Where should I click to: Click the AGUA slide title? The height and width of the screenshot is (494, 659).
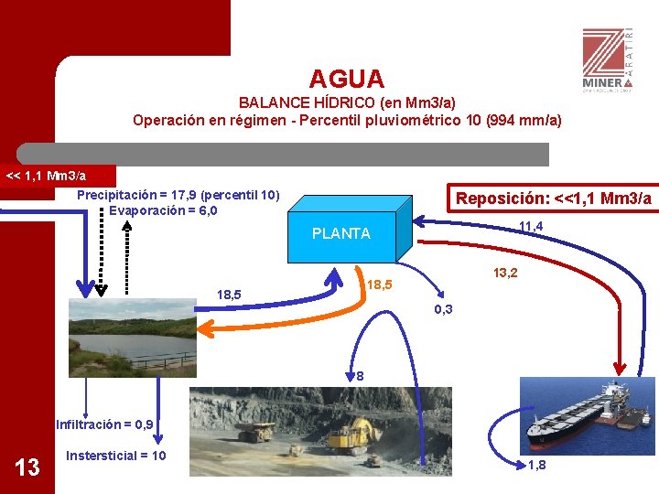pos(346,80)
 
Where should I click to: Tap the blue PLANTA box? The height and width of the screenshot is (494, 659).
pos(341,231)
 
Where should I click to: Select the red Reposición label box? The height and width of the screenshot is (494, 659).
pos(553,199)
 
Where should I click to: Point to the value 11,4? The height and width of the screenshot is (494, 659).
pos(531,227)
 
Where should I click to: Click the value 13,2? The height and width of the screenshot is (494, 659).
pos(505,273)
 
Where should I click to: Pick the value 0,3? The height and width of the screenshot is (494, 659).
pos(442,310)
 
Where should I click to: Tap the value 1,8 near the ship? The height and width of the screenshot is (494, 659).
pos(537,466)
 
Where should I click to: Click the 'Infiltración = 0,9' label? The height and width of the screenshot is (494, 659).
pos(104,424)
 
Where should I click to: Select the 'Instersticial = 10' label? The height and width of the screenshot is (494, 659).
pos(116,456)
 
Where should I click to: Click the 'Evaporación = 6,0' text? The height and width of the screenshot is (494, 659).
pos(163,210)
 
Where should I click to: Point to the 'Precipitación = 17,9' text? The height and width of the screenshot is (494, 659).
pos(178,195)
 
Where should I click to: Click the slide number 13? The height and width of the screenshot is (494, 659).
pos(28,467)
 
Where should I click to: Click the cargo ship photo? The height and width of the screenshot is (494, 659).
pos(586,416)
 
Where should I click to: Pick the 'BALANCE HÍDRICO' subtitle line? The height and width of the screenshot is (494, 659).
pos(347,102)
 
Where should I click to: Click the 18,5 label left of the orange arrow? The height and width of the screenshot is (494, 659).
pos(229,295)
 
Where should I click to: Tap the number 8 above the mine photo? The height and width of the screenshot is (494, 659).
pos(361,376)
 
